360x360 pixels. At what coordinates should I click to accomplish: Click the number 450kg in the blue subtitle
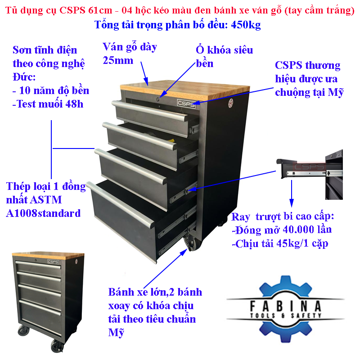[x=246, y=25]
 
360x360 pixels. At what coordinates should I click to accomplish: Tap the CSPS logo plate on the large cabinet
[x=186, y=103]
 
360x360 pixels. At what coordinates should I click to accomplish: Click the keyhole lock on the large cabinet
[x=158, y=99]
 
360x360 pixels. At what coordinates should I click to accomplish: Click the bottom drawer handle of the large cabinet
[x=121, y=205]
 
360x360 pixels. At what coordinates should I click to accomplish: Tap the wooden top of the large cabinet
[x=185, y=89]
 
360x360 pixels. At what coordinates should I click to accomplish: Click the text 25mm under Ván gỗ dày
[x=118, y=60]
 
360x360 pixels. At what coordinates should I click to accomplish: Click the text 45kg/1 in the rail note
[x=292, y=243]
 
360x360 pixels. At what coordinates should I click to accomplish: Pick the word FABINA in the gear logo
[x=285, y=306]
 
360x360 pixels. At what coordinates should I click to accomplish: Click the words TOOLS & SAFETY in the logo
[x=286, y=315]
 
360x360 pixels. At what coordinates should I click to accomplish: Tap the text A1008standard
[x=43, y=213]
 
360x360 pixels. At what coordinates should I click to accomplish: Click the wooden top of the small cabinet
[x=48, y=255]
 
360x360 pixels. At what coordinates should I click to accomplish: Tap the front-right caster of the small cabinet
[x=57, y=346]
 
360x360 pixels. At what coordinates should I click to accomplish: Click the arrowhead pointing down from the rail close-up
[x=292, y=203]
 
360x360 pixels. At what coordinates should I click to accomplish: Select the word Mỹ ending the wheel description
[x=116, y=333]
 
